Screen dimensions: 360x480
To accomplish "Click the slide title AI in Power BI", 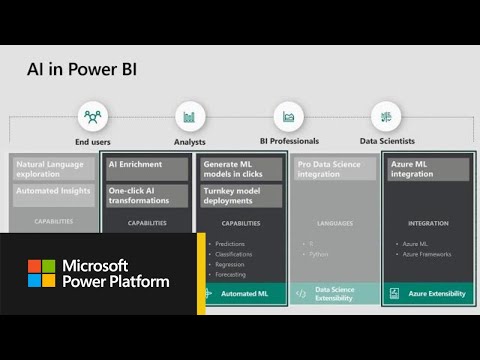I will (81, 70).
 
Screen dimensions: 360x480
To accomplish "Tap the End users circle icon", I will (92, 117).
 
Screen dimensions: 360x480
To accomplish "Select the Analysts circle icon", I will (190, 117).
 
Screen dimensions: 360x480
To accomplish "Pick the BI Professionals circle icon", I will (288, 117).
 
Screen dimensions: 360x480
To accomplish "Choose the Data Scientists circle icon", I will (386, 117).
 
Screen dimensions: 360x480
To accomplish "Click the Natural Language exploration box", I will (55, 169).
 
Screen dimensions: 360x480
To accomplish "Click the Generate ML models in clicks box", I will (240, 169).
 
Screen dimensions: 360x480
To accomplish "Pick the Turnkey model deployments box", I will (240, 195).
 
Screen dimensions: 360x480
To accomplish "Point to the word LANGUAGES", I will (335, 223).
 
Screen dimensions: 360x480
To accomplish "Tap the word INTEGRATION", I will (428, 223).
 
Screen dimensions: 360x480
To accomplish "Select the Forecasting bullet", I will (232, 274).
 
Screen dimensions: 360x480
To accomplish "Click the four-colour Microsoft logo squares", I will (41, 273).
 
